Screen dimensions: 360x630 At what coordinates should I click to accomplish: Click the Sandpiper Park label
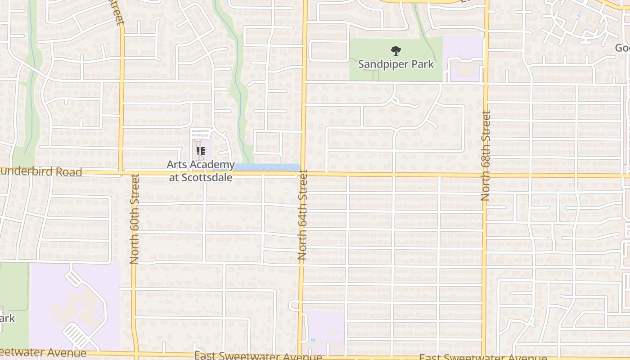pyautogui.click(x=396, y=64)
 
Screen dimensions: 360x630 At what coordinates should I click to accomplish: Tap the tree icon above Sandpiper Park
pyautogui.click(x=396, y=51)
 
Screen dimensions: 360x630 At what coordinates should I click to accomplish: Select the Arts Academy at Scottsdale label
pyautogui.click(x=201, y=171)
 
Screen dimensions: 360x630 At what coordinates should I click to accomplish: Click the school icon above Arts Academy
pyautogui.click(x=201, y=152)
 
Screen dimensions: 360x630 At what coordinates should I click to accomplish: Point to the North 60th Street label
pyautogui.click(x=135, y=219)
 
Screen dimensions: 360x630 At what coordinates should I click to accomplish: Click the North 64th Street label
pyautogui.click(x=302, y=215)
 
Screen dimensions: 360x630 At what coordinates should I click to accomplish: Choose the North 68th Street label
pyautogui.click(x=486, y=156)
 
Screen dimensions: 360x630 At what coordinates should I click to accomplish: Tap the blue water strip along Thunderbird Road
pyautogui.click(x=267, y=167)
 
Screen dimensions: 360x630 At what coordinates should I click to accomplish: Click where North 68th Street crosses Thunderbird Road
pyautogui.click(x=486, y=175)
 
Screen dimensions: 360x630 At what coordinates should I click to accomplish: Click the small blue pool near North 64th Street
pyautogui.click(x=313, y=340)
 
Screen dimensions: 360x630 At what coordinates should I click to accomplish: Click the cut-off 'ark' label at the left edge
pyautogui.click(x=7, y=319)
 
